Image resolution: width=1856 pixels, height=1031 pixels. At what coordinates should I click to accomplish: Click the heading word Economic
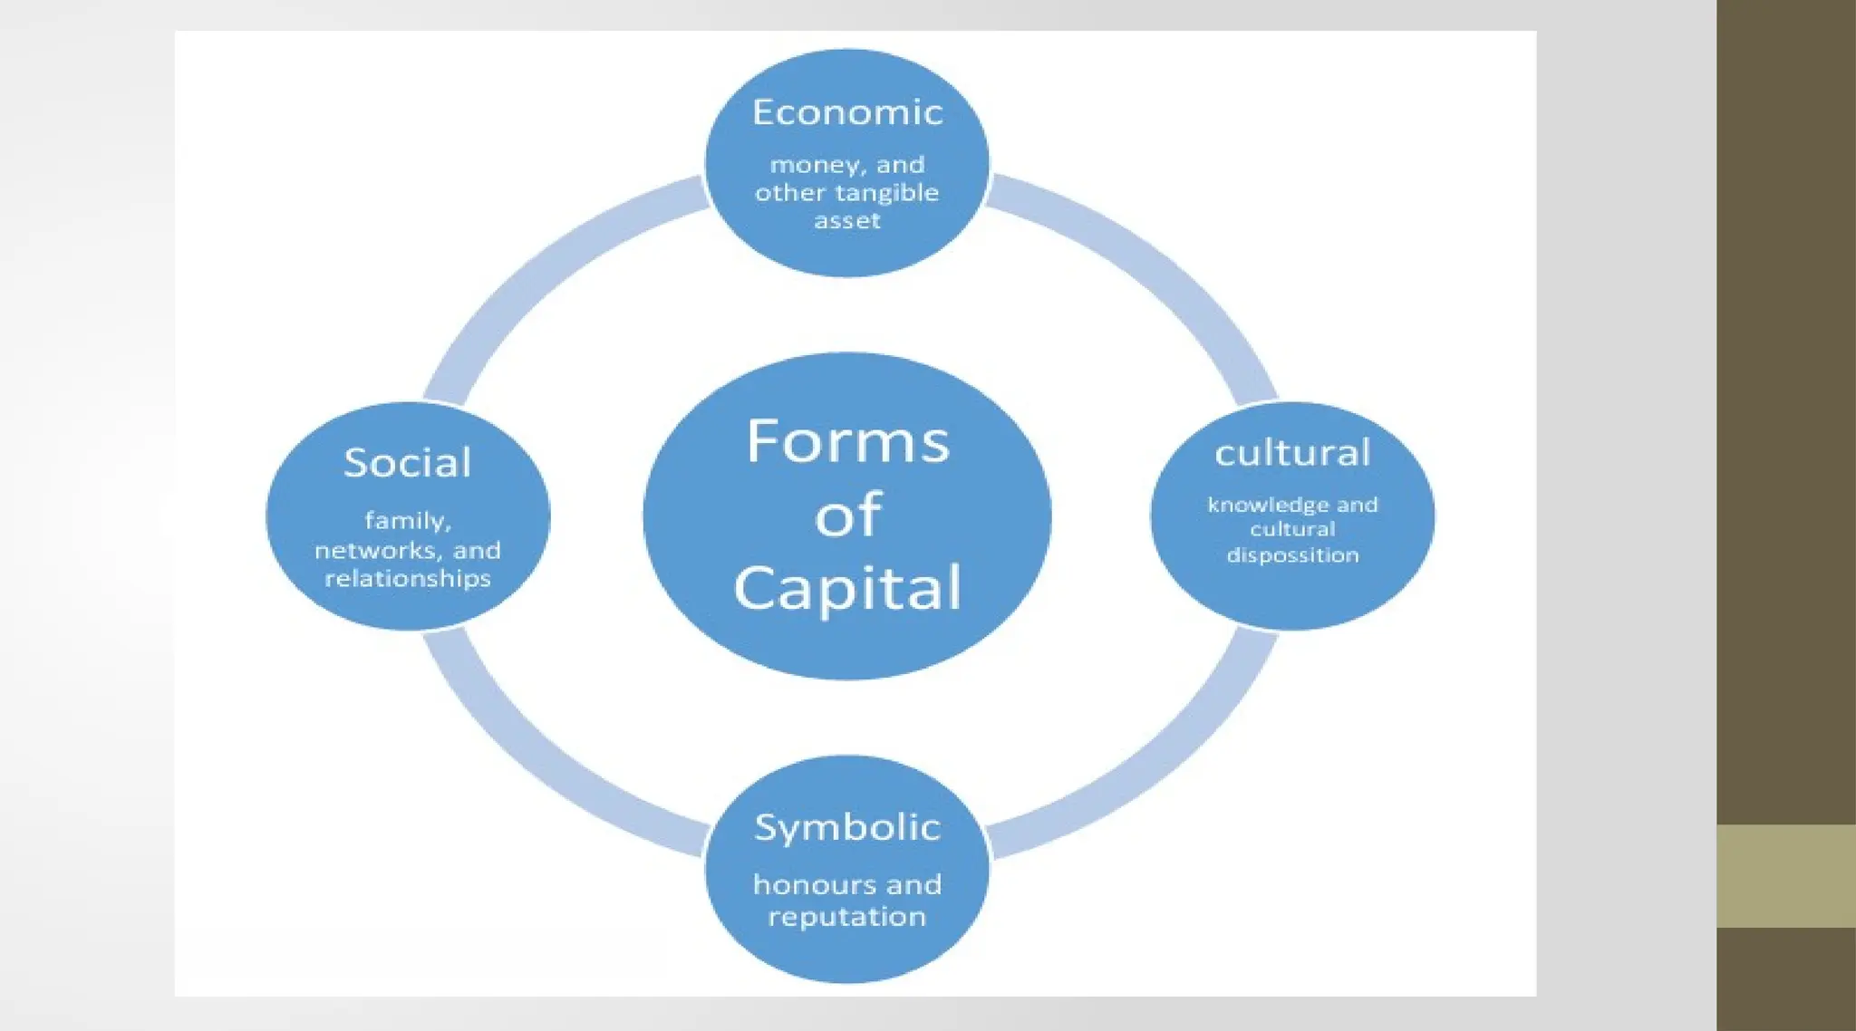847,112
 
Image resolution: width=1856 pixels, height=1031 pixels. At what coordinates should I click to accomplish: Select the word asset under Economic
847,221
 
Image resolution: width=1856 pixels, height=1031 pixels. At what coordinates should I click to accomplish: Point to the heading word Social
408,463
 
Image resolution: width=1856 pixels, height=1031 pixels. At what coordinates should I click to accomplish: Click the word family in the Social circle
407,521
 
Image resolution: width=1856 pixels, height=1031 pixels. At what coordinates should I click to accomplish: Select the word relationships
408,579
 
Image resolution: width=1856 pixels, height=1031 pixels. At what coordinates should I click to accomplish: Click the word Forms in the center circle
847,442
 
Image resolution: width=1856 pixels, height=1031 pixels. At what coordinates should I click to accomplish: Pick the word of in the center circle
847,515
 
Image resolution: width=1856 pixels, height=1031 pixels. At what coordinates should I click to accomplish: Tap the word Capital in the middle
847,589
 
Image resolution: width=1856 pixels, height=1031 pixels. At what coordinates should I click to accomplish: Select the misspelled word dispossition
1292,555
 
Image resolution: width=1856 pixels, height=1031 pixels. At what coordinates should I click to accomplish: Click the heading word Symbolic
847,827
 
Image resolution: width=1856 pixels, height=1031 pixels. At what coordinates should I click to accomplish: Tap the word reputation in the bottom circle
847,917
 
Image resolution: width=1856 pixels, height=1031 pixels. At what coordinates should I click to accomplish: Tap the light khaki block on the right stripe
1785,875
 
